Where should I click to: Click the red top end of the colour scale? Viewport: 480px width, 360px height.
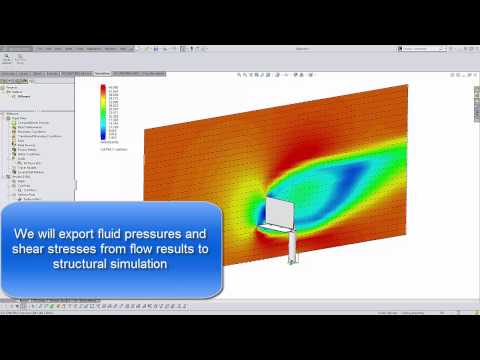[103, 89]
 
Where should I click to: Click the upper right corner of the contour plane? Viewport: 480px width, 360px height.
[405, 88]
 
